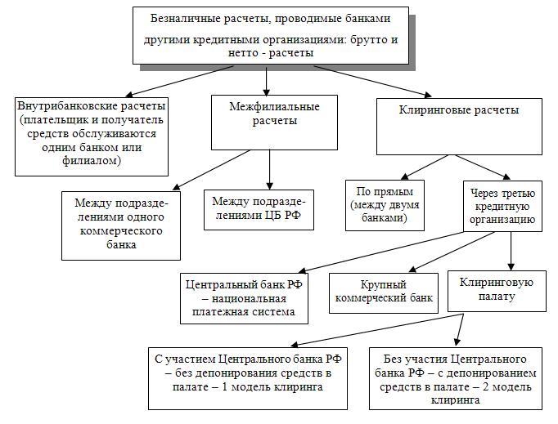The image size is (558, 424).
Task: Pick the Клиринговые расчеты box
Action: [x=458, y=126]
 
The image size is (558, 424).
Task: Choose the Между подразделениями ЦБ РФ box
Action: [x=259, y=208]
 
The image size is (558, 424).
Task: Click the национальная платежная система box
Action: [x=245, y=299]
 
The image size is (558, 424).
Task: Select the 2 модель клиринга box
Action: [x=454, y=379]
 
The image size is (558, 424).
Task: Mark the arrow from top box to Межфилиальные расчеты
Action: [x=268, y=80]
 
